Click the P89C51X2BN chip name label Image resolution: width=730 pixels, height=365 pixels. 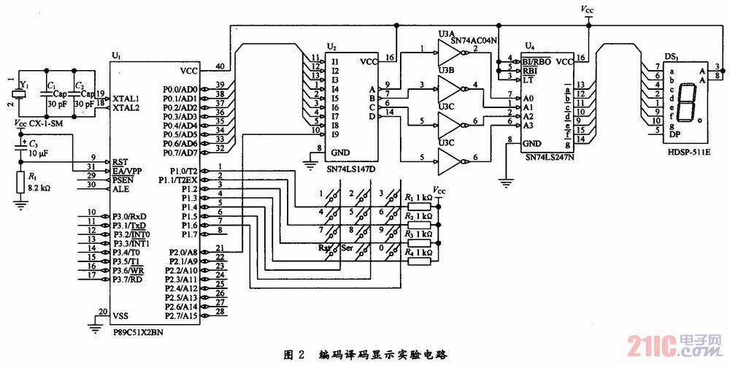139,330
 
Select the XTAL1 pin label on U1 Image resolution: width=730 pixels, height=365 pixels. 126,98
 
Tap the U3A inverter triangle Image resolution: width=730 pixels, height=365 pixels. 446,51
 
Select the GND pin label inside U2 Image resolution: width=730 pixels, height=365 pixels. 340,153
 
